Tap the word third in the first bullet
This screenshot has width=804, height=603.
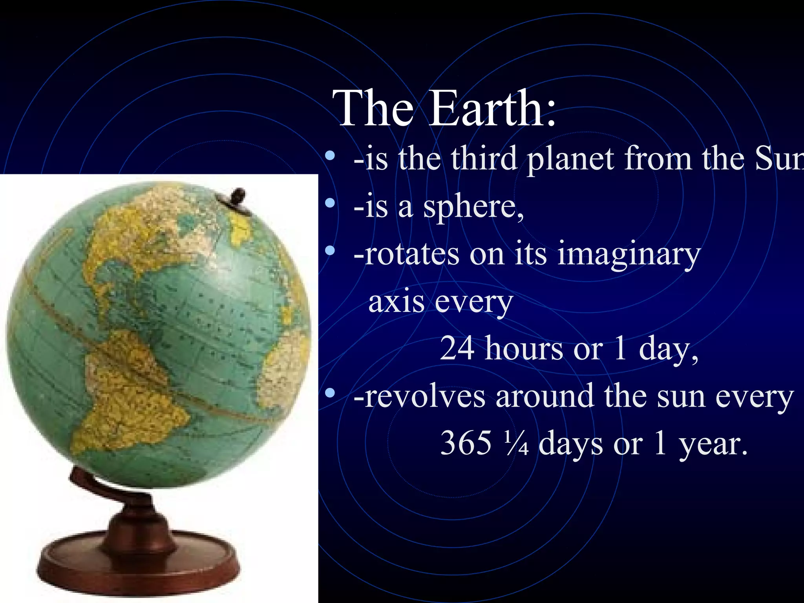pyautogui.click(x=483, y=159)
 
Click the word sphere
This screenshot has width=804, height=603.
pyautogui.click(x=473, y=208)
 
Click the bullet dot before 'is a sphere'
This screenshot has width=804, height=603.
pyautogui.click(x=330, y=203)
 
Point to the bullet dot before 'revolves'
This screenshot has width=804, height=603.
pyautogui.click(x=330, y=393)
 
